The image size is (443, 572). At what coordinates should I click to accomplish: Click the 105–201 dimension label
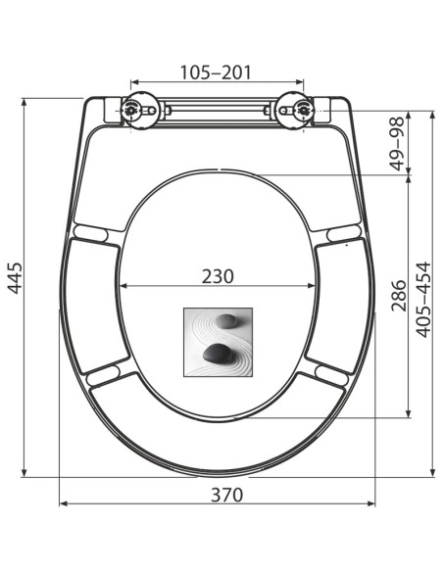pos(216,72)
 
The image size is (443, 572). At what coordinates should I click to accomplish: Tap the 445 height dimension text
pos(16,278)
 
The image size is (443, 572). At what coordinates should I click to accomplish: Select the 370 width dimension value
pos(226,495)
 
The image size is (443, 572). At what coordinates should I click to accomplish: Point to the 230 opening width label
pos(218,276)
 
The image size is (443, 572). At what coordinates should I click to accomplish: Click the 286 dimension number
pos(399,296)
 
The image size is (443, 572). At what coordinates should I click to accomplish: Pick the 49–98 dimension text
pos(398,143)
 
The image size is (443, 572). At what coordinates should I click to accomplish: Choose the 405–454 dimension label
pos(423,300)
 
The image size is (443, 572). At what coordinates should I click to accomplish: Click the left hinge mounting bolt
pos(130,109)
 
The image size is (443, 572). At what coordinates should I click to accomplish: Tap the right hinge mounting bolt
pos(304,109)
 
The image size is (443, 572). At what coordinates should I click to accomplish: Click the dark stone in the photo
pos(216,354)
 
